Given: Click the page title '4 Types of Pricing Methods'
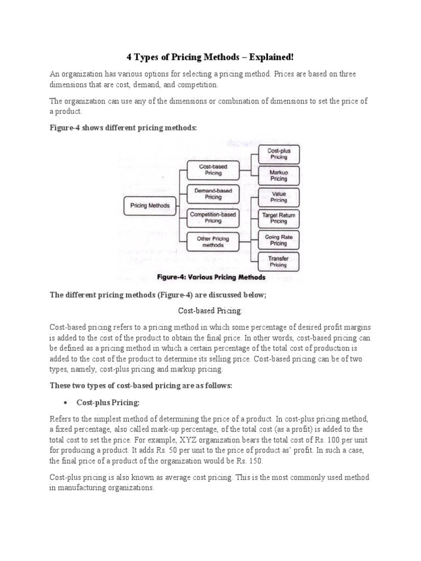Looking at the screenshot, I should [x=210, y=57].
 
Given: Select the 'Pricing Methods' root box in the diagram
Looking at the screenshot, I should [x=150, y=206].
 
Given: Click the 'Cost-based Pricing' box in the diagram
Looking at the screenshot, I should [x=213, y=169].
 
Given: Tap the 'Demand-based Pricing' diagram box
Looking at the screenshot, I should [x=213, y=193].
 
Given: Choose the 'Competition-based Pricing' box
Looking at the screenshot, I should [x=213, y=218].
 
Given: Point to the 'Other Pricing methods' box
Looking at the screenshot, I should [x=213, y=242].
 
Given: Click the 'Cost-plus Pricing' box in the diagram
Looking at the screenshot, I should [x=278, y=153].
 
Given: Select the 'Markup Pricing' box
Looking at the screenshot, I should [x=278, y=175].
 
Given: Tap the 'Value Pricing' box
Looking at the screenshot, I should [x=278, y=197].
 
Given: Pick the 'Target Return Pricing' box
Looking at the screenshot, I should [x=278, y=219].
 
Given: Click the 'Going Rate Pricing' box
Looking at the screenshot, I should [x=278, y=240].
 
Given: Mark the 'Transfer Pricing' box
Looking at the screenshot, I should [x=278, y=261].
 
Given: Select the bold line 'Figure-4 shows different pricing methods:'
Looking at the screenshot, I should [x=123, y=128].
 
